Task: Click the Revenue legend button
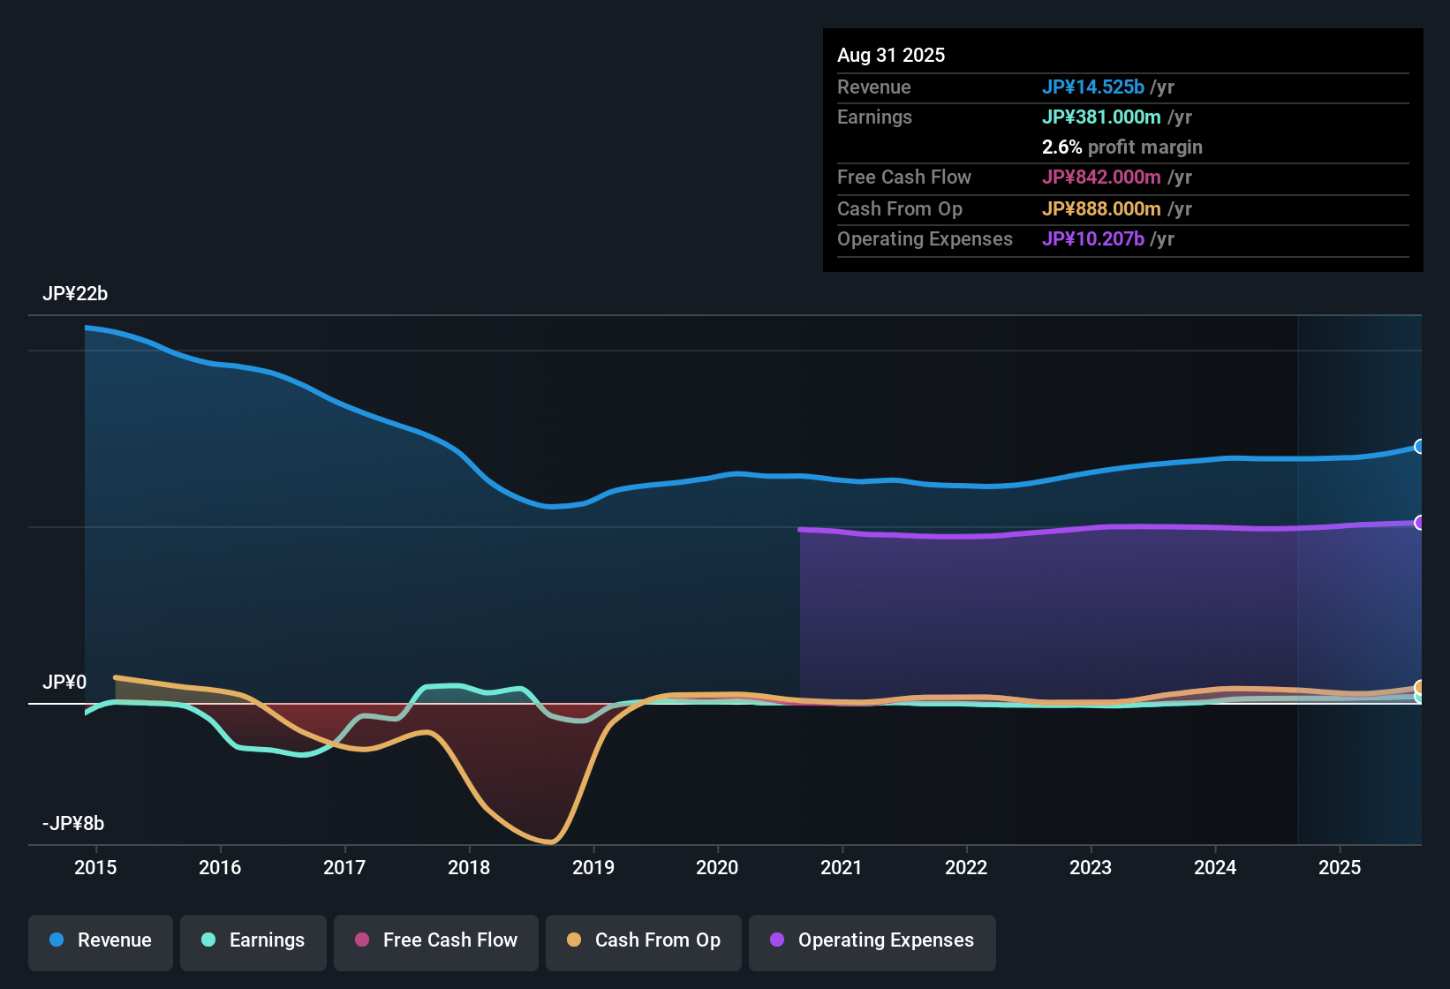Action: (101, 940)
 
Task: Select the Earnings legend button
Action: (253, 940)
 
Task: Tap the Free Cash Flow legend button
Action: (436, 940)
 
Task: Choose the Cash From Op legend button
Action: (644, 940)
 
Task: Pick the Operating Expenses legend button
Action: (872, 940)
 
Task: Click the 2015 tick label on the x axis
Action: (95, 868)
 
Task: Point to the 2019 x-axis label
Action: (593, 868)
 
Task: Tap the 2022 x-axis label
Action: (966, 868)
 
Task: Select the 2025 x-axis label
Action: (1340, 868)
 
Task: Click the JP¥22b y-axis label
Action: (75, 294)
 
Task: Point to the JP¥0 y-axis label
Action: (64, 683)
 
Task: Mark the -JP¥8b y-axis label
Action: (73, 824)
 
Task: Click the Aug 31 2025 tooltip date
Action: (891, 56)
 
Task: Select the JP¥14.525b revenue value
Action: (1093, 87)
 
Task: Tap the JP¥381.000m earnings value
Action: (1101, 117)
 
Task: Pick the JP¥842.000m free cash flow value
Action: (1101, 177)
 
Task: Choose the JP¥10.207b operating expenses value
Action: (1093, 239)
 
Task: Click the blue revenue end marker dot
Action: (1419, 447)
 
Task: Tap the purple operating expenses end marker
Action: (1419, 523)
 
